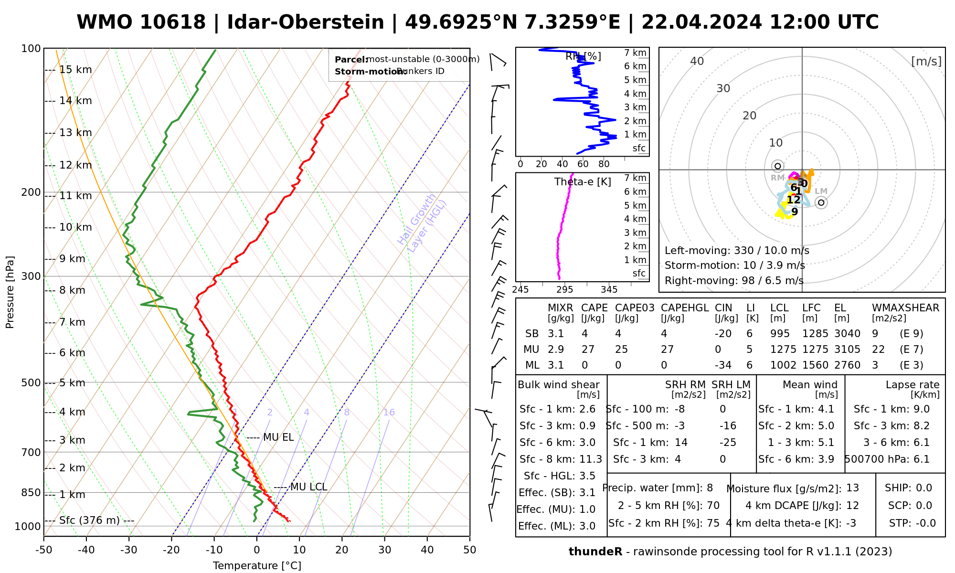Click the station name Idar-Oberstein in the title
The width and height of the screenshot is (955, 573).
(306, 22)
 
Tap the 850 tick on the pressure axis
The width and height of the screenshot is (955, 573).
(32, 492)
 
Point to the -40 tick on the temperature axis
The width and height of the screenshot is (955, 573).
(86, 550)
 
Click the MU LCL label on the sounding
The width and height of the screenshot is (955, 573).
(308, 487)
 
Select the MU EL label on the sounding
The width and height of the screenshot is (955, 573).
(278, 437)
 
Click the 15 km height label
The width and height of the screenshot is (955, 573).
(75, 70)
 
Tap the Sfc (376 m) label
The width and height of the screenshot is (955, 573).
(89, 520)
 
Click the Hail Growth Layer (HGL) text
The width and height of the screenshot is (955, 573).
(422, 223)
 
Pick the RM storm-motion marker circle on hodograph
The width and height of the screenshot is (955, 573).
(778, 166)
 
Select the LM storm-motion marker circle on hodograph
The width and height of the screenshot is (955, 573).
(821, 202)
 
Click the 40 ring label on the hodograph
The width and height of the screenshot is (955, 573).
(697, 61)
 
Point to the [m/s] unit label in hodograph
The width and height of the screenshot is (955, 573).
(926, 61)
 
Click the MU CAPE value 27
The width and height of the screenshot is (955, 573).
(588, 350)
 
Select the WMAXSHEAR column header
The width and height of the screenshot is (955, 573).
(905, 308)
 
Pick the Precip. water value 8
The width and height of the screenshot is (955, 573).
(710, 488)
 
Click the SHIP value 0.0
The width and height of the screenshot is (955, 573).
(924, 488)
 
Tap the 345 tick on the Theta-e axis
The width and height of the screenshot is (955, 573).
(609, 290)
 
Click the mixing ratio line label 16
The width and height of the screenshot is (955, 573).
(389, 413)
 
